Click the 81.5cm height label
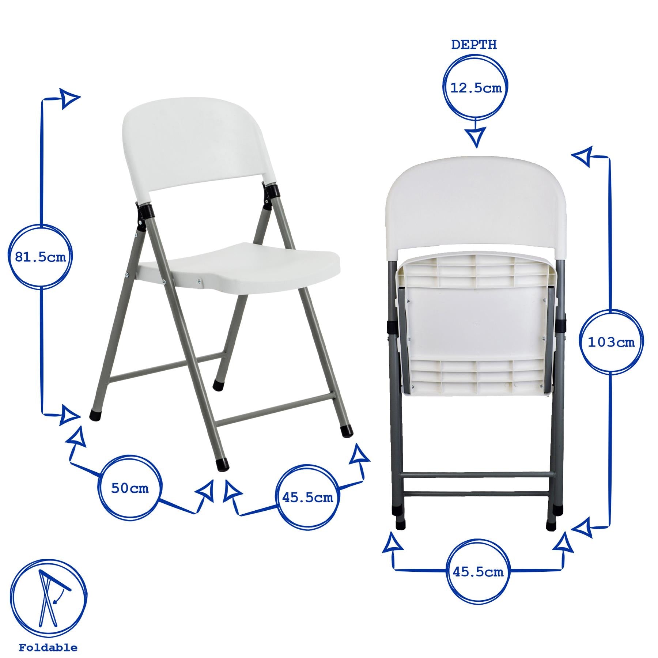(40, 257)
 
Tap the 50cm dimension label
(130, 488)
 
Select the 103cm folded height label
(611, 343)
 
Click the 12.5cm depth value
(476, 88)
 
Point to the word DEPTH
(474, 45)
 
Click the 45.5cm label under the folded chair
(478, 572)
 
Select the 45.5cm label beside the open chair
(307, 498)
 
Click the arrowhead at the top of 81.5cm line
(69, 98)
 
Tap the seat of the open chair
(252, 265)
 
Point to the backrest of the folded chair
(475, 205)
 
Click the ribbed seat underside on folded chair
(475, 325)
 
